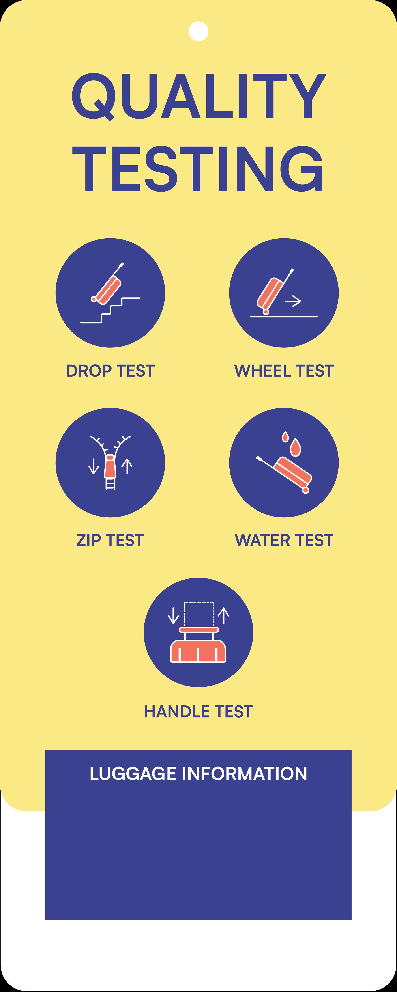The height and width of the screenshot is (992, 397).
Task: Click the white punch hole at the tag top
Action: coord(198,31)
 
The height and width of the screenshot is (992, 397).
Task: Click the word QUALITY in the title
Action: coord(198,97)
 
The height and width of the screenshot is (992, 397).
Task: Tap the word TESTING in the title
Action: coord(198,169)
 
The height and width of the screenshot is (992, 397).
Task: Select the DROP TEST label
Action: coord(110,371)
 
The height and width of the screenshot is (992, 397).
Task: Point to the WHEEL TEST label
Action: coord(284,371)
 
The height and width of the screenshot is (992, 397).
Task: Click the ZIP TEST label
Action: coord(110,540)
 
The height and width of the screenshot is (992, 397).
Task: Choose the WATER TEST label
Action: coord(284,540)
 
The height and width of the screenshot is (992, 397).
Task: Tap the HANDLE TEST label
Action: coord(198,712)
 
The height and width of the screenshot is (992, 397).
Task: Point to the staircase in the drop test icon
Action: coord(110,310)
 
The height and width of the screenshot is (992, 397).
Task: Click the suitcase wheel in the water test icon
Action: coord(306,490)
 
